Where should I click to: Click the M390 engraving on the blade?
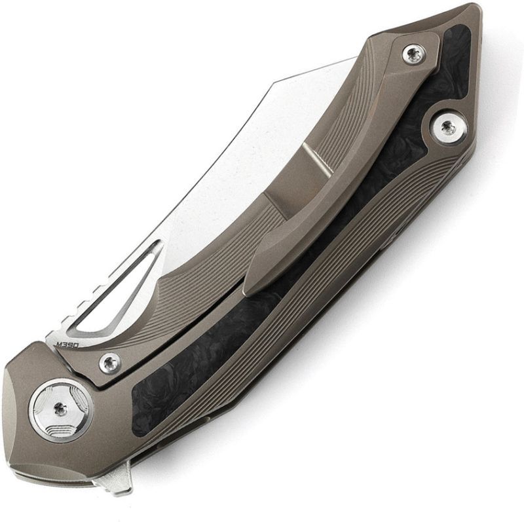67,345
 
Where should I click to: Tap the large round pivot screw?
61,411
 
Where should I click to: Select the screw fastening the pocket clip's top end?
414,54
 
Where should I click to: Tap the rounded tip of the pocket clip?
253,282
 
